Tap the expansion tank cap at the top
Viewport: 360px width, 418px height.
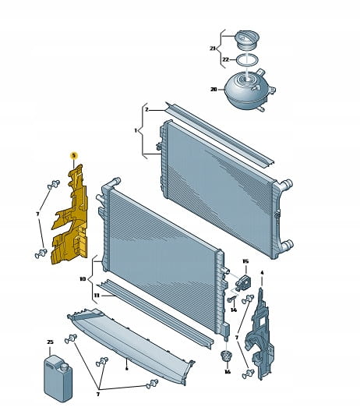[x=248, y=41]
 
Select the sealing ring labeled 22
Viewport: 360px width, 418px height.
[x=247, y=60]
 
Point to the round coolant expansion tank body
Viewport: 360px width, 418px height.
[x=247, y=90]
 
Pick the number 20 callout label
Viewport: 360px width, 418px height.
[x=214, y=90]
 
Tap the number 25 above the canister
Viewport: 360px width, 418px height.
[x=50, y=342]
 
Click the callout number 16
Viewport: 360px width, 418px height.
[x=227, y=372]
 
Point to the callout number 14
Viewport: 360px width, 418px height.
[x=234, y=310]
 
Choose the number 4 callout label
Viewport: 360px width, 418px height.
[x=262, y=273]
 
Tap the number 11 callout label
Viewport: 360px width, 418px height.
[x=97, y=296]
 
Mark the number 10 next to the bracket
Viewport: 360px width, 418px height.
[x=83, y=279]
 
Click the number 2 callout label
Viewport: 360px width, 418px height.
[x=146, y=109]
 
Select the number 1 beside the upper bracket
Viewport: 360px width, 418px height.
[x=136, y=131]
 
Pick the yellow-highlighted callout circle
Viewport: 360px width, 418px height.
[x=73, y=155]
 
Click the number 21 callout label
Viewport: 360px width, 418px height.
[x=212, y=48]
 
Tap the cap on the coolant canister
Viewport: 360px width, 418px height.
[x=64, y=367]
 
